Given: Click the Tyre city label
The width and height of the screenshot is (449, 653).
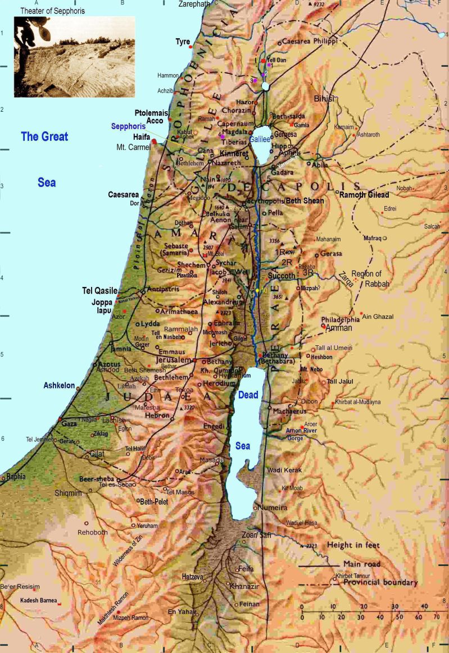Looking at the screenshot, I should click(183, 42).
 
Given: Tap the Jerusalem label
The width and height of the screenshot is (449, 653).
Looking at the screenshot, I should click(172, 360).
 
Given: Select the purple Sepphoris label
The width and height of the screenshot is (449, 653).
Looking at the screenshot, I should click(128, 127).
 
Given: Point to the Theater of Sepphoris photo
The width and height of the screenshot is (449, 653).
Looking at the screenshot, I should click(75, 56).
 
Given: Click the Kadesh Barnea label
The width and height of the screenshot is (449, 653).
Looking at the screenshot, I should click(38, 600).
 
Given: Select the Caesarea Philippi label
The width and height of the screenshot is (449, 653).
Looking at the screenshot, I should click(309, 42).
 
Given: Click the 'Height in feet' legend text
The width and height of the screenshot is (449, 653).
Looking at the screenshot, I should click(353, 545).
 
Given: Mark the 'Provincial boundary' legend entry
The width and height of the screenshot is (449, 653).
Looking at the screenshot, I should click(380, 583).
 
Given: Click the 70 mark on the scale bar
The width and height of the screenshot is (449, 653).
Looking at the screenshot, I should click(436, 617).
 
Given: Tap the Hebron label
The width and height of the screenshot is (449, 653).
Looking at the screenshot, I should click(157, 415).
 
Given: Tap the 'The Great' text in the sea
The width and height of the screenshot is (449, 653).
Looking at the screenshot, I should click(44, 136).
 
